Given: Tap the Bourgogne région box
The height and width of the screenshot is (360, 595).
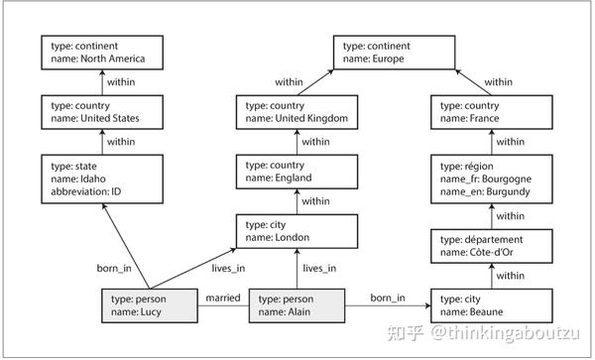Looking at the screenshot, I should pyautogui.click(x=489, y=178).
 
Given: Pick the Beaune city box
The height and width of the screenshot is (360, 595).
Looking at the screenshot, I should pyautogui.click(x=489, y=305).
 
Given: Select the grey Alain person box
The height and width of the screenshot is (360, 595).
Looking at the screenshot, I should pyautogui.click(x=296, y=305).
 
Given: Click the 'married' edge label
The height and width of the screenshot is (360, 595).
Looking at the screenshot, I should pyautogui.click(x=223, y=298).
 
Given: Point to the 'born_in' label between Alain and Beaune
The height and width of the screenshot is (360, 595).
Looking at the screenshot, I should pyautogui.click(x=388, y=298).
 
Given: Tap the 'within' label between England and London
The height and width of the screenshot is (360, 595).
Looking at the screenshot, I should pyautogui.click(x=315, y=200).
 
